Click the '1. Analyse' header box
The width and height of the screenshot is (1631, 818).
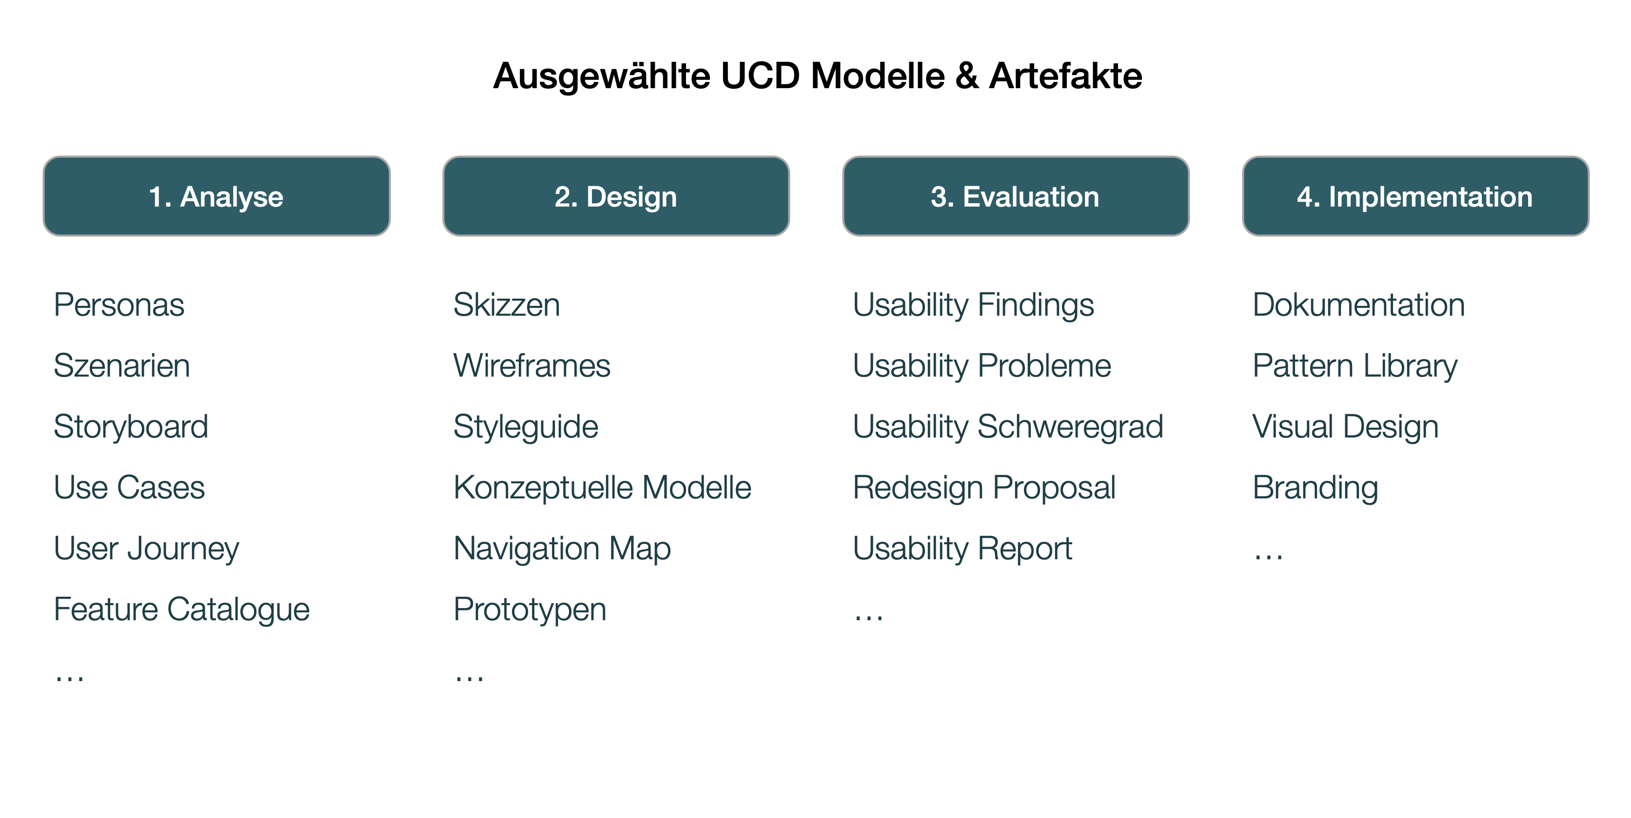click(x=216, y=196)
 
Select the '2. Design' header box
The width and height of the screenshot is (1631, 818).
click(x=615, y=196)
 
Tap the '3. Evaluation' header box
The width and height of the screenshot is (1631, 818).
click(x=1015, y=196)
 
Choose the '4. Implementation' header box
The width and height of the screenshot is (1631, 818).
click(x=1415, y=196)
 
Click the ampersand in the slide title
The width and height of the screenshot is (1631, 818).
click(x=966, y=76)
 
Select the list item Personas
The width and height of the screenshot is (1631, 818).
click(x=119, y=305)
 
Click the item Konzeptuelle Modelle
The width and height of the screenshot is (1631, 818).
click(x=602, y=488)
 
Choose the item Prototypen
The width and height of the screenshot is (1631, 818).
click(x=530, y=609)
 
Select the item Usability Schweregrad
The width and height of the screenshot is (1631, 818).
click(x=1008, y=426)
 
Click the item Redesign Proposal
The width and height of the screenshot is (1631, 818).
click(x=984, y=488)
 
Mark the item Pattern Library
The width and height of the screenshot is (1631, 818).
click(x=1355, y=366)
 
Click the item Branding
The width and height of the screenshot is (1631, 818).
click(x=1315, y=488)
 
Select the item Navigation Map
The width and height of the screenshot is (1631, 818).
click(x=562, y=549)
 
